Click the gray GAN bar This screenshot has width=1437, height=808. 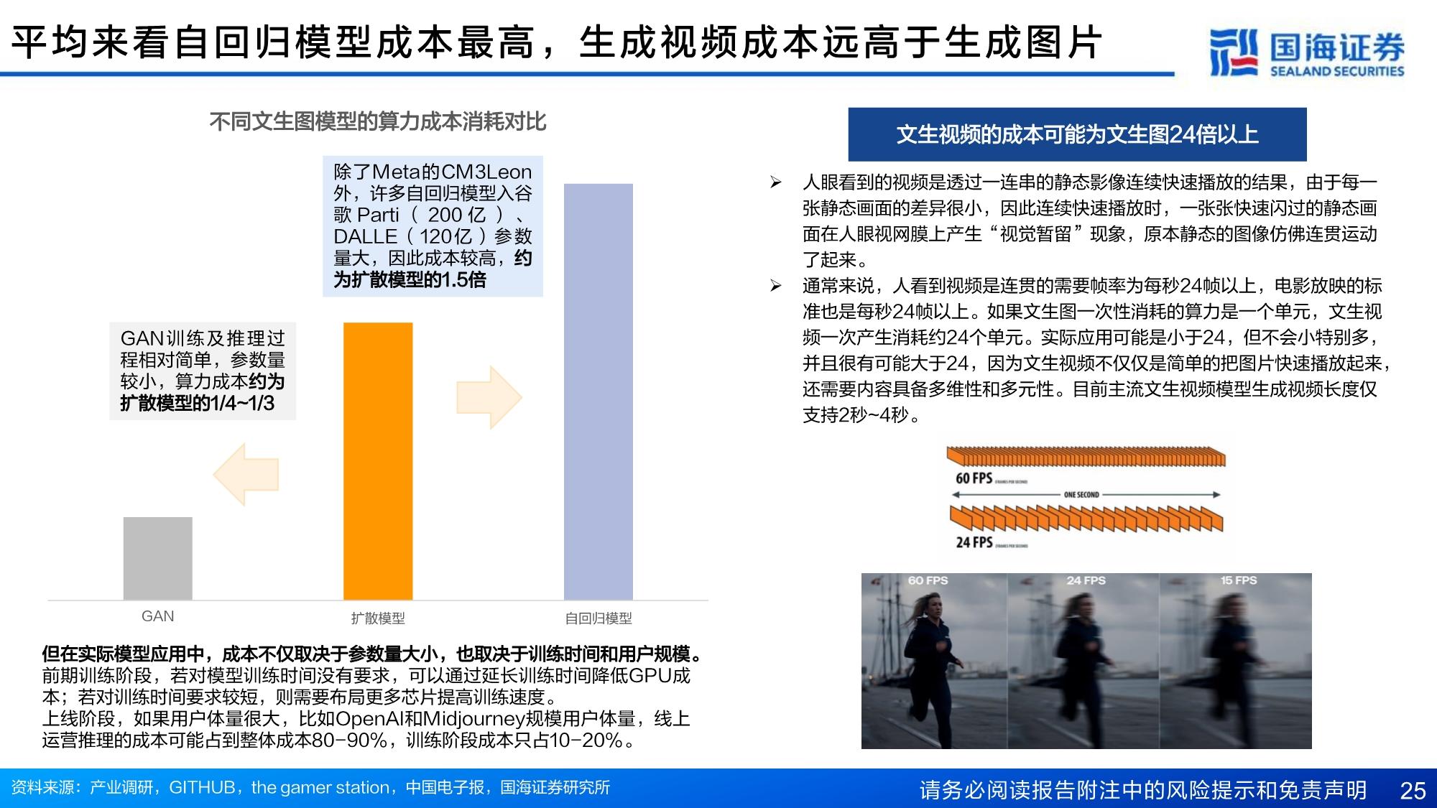pos(157,558)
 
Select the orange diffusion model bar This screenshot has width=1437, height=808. pos(378,461)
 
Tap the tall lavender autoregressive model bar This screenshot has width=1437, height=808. pos(598,391)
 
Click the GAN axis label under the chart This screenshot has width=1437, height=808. pos(157,616)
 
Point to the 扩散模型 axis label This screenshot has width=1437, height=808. pos(378,618)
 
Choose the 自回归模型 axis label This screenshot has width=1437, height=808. pos(598,618)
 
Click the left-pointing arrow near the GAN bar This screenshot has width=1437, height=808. pos(246,474)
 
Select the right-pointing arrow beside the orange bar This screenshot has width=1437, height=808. pos(489,397)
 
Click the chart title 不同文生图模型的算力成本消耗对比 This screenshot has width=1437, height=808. pos(378,122)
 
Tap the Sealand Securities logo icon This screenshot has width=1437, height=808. pos(1234,52)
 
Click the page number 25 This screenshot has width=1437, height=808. pos(1413,790)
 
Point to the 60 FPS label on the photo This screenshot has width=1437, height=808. pos(928,580)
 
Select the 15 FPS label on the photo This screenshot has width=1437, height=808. pos(1238,580)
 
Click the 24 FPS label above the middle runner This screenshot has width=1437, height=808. pos(1086,580)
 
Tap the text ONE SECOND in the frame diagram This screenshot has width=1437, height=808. pos(1081,495)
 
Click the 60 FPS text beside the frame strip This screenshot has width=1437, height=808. pos(974,478)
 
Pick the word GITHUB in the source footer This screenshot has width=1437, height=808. pos(202,788)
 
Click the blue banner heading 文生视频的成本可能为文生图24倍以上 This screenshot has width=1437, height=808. pos(1077,134)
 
